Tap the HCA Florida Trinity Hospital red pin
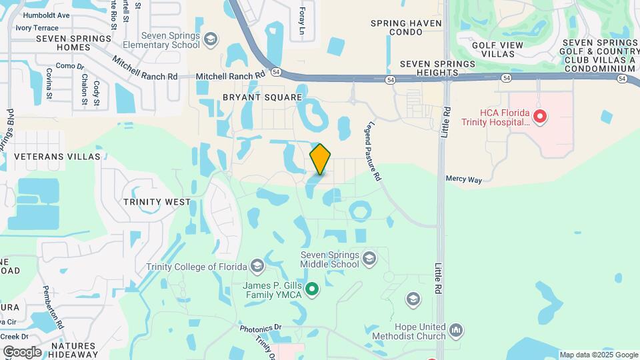click(x=541, y=117)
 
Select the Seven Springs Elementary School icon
click(x=211, y=40)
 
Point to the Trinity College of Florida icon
click(x=257, y=267)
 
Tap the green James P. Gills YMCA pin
click(x=311, y=289)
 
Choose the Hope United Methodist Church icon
click(x=456, y=329)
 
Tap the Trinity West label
click(x=157, y=201)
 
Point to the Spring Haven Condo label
click(x=406, y=29)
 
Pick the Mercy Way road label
click(x=463, y=179)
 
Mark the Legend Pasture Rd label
click(x=373, y=151)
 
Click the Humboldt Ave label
click(x=46, y=15)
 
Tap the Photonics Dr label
click(x=261, y=327)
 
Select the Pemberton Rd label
click(x=53, y=307)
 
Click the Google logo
click(x=22, y=352)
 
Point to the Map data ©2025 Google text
click(x=598, y=355)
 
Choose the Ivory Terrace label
click(x=37, y=27)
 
